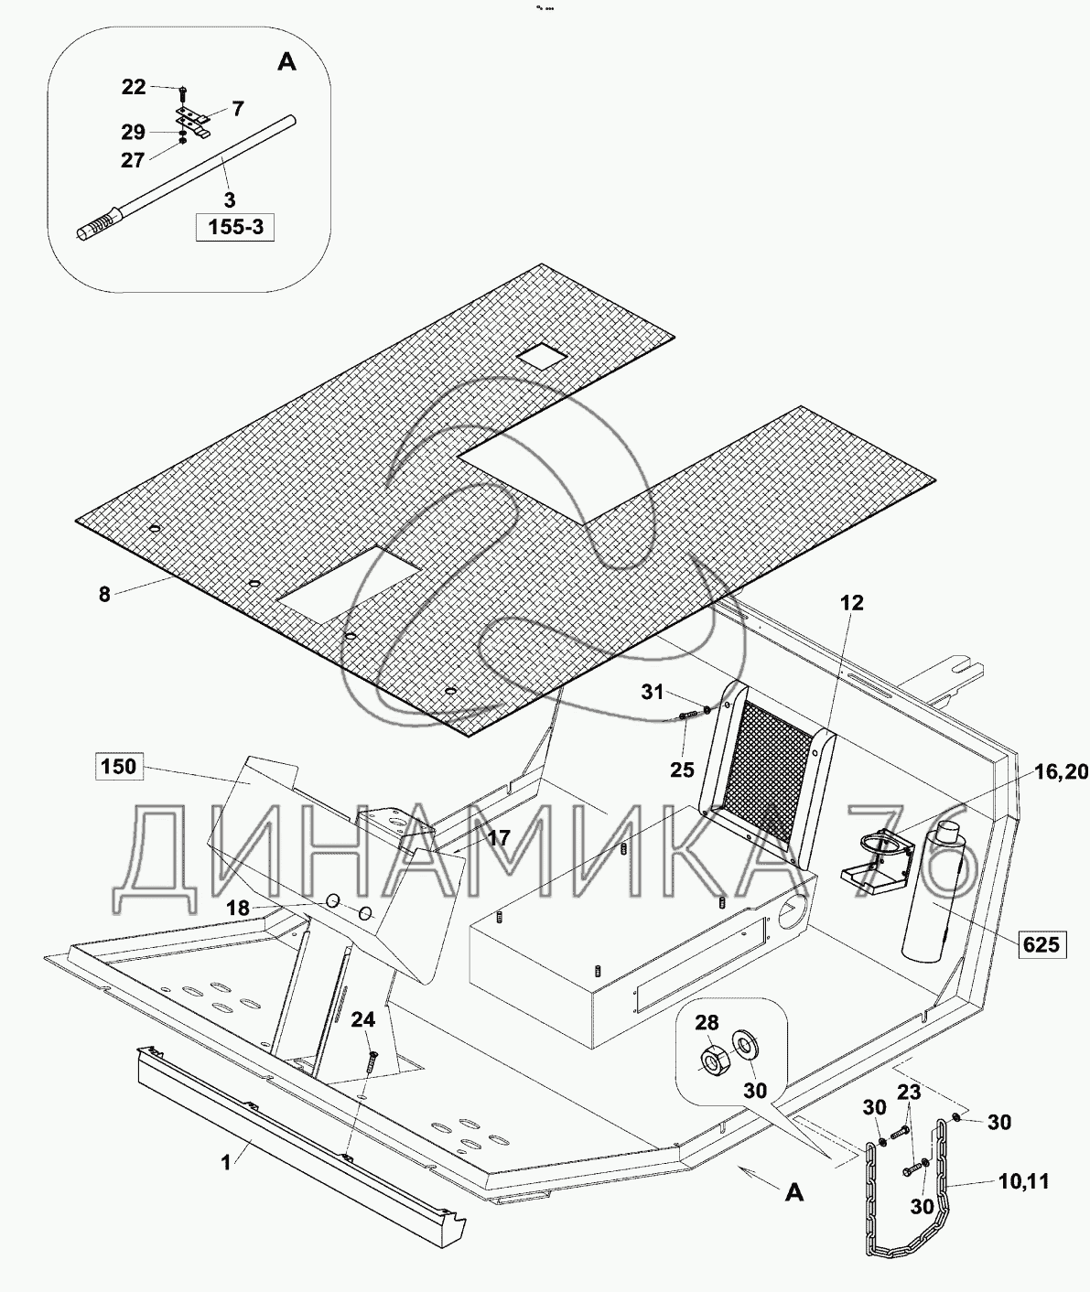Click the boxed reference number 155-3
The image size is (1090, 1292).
(x=235, y=227)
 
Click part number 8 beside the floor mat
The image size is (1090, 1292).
(x=104, y=595)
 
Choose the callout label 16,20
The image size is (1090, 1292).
(x=1057, y=772)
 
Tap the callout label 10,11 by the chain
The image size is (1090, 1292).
(x=1023, y=1181)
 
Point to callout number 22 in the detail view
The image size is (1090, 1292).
(x=134, y=87)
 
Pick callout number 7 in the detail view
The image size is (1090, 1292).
(x=238, y=109)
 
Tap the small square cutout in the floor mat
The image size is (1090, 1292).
(x=541, y=356)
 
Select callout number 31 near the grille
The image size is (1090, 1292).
(x=652, y=693)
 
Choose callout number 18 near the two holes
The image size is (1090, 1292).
(x=238, y=908)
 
